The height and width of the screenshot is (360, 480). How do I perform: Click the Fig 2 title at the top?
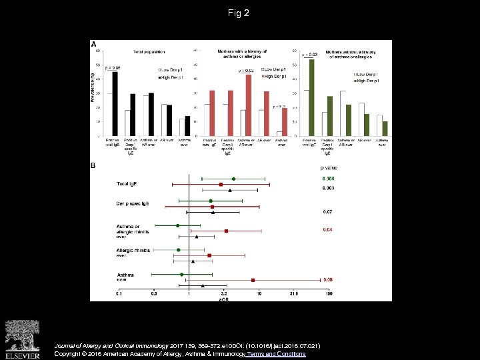pos(239,13)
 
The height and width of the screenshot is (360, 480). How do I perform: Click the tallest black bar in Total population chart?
pos(115,103)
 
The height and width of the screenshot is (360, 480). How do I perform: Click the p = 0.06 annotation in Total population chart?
pos(112,68)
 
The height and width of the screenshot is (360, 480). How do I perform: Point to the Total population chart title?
pos(149,52)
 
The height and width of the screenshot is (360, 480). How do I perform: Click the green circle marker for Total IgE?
pos(233,179)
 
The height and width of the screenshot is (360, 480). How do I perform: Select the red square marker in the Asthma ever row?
pos(253,280)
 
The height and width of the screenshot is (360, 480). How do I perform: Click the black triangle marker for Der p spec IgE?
pos(213,212)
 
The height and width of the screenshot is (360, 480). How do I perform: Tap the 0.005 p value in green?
pos(328,179)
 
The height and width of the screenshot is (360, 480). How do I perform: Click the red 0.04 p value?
pos(328,230)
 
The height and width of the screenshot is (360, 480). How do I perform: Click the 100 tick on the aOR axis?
pos(329,293)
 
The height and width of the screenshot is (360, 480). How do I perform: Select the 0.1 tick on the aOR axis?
pos(119,293)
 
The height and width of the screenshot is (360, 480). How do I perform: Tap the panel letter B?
pos(93,165)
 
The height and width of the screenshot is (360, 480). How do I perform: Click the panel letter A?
pos(93,43)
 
